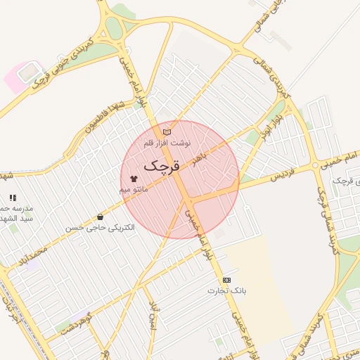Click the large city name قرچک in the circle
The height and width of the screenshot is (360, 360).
point(162,166)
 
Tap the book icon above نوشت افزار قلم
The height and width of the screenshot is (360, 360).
point(167,131)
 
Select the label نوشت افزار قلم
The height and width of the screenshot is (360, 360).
point(167,143)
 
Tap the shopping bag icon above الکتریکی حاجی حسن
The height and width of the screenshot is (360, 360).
point(100,217)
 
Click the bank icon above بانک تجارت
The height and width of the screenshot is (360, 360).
point(226,280)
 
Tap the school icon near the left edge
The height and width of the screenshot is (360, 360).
point(13,198)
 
